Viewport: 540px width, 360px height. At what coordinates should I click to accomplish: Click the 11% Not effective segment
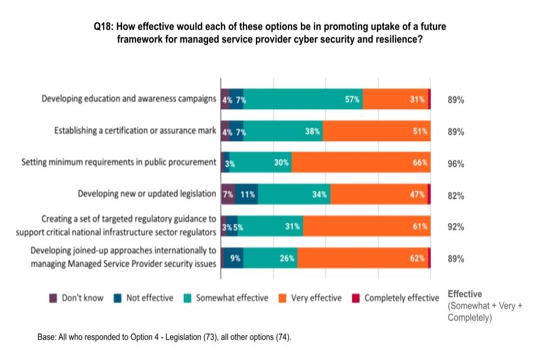246,194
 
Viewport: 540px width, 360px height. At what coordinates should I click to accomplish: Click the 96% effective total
456,164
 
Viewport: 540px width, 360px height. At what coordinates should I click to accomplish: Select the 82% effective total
456,196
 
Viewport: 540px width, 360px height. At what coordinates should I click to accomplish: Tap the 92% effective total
456,227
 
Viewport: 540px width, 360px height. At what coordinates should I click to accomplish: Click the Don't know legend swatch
53,298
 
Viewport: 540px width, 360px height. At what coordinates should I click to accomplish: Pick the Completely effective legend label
402,298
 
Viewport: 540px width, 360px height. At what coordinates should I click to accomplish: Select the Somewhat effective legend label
232,298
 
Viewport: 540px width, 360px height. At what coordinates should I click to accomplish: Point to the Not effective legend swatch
118,298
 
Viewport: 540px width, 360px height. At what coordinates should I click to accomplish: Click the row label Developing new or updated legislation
147,193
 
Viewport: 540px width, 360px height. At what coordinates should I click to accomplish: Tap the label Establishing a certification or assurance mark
135,130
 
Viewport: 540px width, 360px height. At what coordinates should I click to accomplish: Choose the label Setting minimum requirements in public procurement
119,162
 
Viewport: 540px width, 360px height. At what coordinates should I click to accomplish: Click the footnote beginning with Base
164,337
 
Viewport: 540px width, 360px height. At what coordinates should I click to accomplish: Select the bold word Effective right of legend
465,294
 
